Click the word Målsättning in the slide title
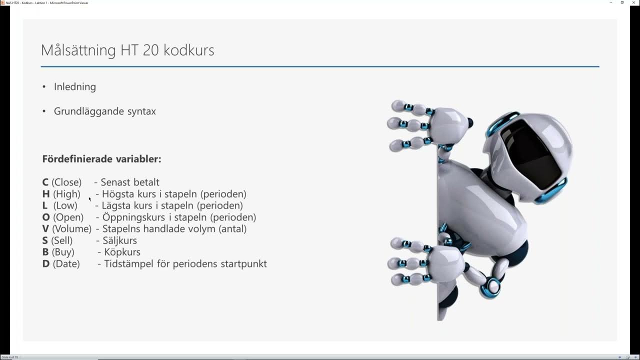pos(78,50)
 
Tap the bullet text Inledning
pos(75,86)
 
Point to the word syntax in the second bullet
pos(142,111)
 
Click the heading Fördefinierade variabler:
pos(101,159)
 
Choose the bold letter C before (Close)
pos(45,182)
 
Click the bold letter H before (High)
pos(45,194)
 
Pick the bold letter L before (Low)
pos(45,205)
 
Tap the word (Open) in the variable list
pos(68,217)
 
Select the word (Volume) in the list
pos(71,228)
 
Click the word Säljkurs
pos(119,240)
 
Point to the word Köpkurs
pos(122,252)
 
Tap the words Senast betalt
pos(130,182)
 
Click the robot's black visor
pos(531,150)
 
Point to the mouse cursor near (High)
pos(90,199)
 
